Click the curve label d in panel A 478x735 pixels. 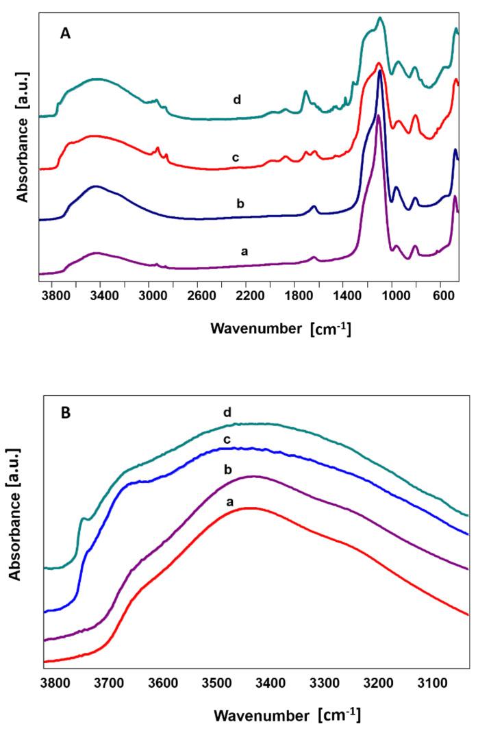[x=236, y=100]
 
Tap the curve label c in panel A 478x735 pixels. [x=235, y=158]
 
